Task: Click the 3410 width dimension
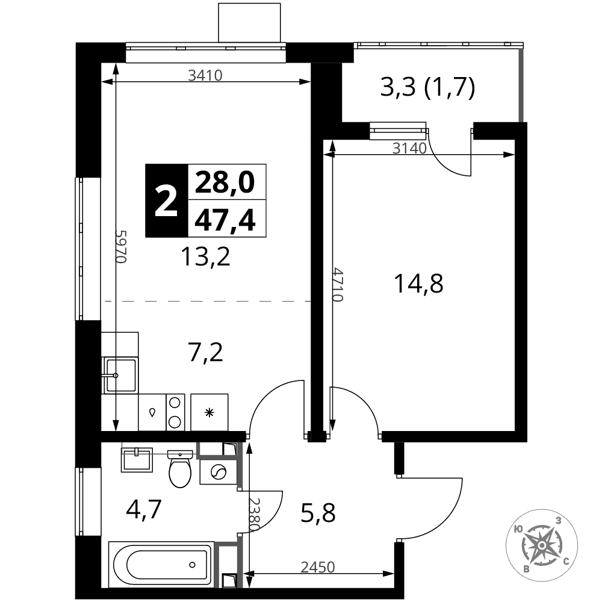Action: coord(205,75)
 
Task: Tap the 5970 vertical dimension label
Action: coord(122,246)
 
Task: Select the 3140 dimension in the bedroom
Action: coord(409,148)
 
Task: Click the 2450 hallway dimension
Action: coord(317,566)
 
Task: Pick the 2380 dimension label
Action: coord(255,515)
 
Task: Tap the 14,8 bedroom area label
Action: coord(418,284)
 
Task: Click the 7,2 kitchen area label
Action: coord(206,352)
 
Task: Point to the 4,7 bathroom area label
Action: coord(144,509)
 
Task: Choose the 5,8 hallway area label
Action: coord(318,513)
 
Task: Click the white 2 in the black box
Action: coord(166,200)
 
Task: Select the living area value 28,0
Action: coord(225,182)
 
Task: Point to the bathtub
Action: coord(161,564)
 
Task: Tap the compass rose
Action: coord(541,545)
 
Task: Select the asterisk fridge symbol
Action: coord(209,413)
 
